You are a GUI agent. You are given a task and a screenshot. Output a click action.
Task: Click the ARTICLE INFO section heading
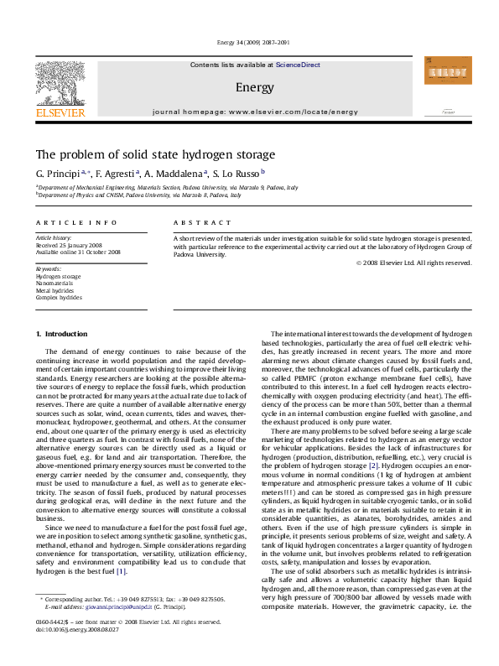(x=64, y=222)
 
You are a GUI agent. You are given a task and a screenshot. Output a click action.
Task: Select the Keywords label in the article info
(x=49, y=268)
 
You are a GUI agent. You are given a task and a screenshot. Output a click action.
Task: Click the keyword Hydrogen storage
(x=58, y=275)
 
